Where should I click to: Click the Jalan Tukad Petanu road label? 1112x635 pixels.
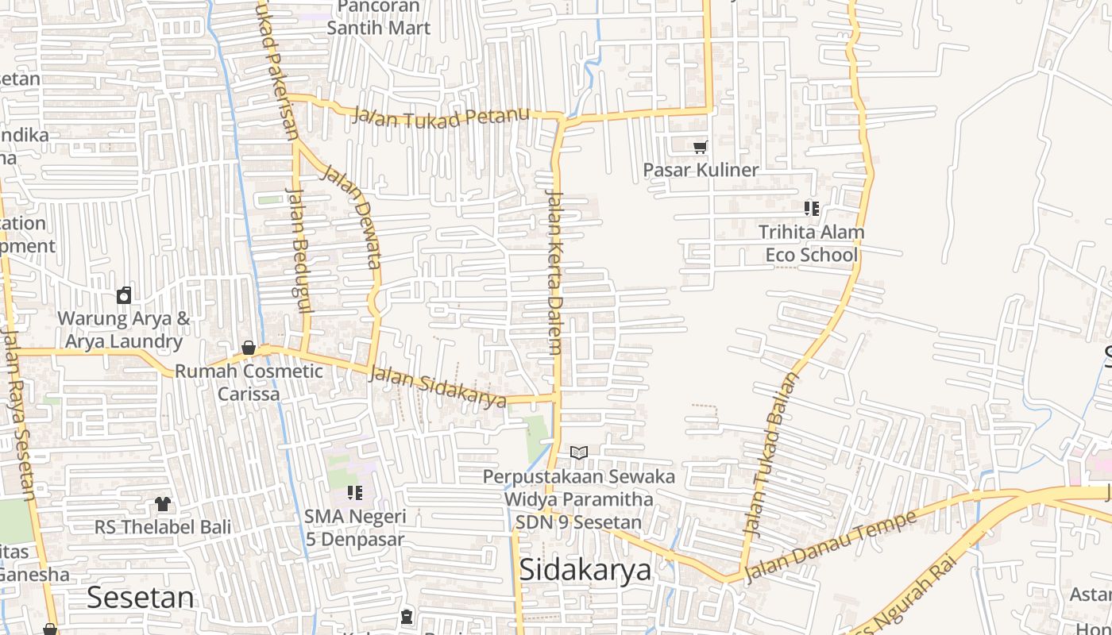441,116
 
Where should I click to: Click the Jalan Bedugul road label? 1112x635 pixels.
297,260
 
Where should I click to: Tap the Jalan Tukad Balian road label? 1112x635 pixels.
768,453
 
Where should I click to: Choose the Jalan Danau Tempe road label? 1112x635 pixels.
831,547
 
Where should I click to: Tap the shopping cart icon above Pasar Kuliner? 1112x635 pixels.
700,148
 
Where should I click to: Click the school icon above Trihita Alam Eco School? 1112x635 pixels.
811,209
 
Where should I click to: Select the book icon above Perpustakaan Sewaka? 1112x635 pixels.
579,453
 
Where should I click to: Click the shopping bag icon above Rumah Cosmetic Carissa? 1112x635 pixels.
249,348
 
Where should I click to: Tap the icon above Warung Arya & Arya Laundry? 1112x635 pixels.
124,296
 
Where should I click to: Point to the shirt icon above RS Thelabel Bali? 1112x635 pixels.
163,503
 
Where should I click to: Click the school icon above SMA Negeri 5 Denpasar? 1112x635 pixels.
354,493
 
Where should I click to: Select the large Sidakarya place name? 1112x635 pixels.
585,570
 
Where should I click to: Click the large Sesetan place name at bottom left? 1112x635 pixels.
140,597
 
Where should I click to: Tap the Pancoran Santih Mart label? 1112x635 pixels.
379,17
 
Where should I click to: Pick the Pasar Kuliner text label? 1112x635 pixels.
701,170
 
